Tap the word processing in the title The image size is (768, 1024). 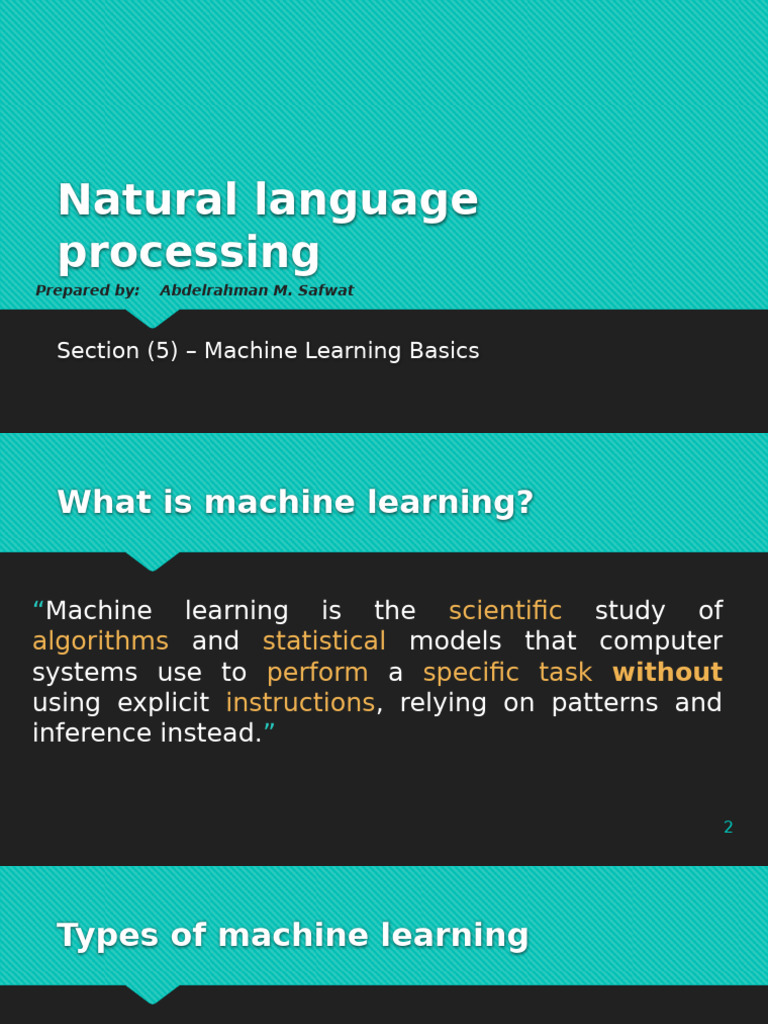(x=188, y=253)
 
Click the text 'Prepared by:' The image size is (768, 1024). (x=87, y=291)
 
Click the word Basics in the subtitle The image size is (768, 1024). (x=442, y=351)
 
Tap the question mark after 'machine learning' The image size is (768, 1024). (x=526, y=503)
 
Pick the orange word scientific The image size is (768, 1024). (x=505, y=611)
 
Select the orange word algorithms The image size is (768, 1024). (x=100, y=642)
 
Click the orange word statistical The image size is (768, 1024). (x=324, y=642)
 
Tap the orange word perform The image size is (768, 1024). (x=317, y=673)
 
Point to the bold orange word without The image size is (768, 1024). (x=667, y=673)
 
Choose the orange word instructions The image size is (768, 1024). (x=300, y=704)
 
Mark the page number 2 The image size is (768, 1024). (x=728, y=828)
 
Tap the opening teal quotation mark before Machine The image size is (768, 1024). (x=38, y=608)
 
